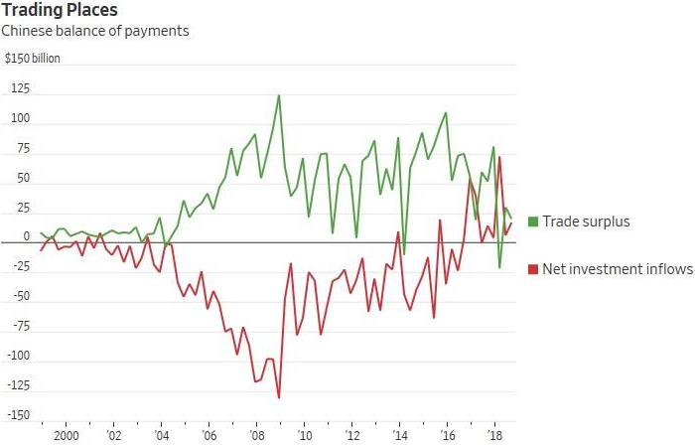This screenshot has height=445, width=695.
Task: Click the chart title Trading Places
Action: pos(61,10)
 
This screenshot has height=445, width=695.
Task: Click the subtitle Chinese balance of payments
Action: pos(95,31)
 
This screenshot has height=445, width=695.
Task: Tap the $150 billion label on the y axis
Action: pos(33,59)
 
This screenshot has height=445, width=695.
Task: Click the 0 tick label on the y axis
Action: pos(26,238)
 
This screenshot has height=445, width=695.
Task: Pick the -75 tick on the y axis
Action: pos(18,327)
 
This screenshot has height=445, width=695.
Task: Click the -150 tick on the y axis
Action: pos(16,415)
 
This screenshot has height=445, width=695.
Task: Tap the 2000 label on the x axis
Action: pos(66,436)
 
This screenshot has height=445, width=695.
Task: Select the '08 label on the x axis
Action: pos(256,436)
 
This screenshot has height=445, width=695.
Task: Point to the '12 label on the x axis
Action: pos(351,436)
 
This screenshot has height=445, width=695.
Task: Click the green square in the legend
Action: pos(533,221)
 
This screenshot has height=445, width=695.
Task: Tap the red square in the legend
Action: pos(533,268)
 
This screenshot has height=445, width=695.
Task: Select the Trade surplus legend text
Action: pos(586,221)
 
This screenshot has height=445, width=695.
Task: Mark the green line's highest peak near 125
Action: pos(279,95)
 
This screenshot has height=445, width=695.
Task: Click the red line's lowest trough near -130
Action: pos(279,397)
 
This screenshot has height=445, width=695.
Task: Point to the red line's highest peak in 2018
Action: pos(499,157)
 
